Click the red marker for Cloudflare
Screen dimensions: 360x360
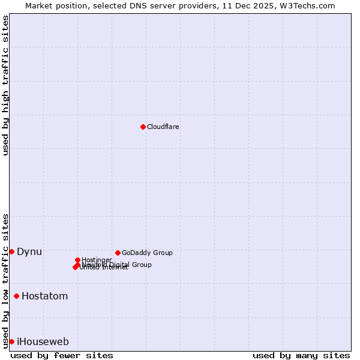(x=143, y=127)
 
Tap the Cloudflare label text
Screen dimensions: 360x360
(x=163, y=127)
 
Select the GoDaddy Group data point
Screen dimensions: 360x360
(x=118, y=253)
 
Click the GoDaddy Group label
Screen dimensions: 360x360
(x=147, y=253)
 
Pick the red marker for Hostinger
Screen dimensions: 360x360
(x=77, y=260)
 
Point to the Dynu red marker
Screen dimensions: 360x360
(x=11, y=251)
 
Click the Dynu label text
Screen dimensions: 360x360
(x=29, y=251)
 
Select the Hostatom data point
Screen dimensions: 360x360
(x=16, y=296)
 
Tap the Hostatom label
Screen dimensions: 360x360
(x=44, y=296)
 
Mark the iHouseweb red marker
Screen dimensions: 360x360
(x=11, y=341)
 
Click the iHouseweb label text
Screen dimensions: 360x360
(x=43, y=342)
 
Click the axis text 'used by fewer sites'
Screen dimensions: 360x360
(x=61, y=355)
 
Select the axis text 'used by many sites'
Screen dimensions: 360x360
(x=301, y=355)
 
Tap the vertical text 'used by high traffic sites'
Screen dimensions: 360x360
(x=5, y=85)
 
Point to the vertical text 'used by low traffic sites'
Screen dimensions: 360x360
(x=5, y=280)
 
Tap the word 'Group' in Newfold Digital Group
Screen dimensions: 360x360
(x=141, y=265)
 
